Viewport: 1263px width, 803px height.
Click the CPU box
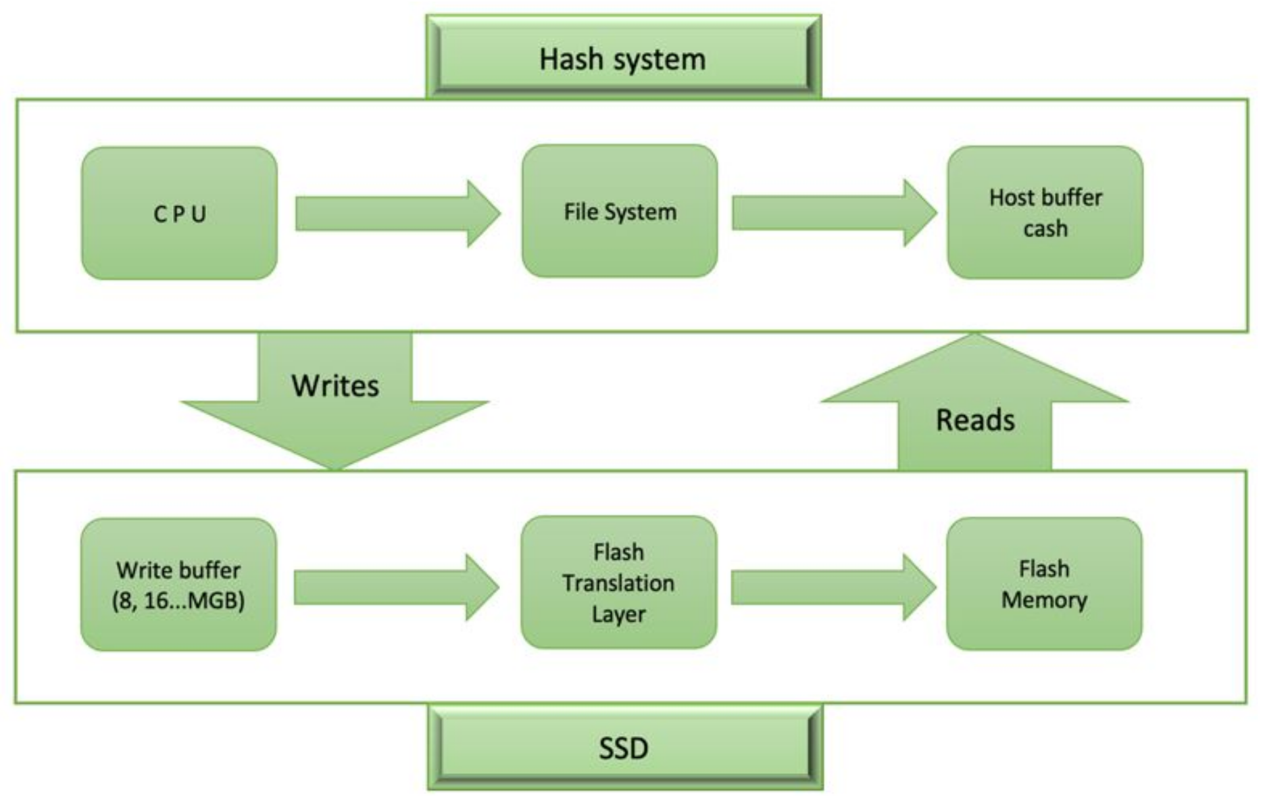click(179, 214)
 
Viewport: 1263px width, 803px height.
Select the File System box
click(620, 212)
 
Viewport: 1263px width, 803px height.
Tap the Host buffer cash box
click(1045, 212)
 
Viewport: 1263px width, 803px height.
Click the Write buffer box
click(178, 584)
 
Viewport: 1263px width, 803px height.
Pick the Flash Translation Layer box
click(618, 583)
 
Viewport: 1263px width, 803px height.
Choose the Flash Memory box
click(1044, 583)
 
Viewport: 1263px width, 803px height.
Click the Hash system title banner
click(623, 59)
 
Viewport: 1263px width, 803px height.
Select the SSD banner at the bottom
click(624, 748)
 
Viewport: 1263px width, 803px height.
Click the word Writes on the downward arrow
click(335, 386)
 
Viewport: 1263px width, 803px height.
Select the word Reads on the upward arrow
click(975, 420)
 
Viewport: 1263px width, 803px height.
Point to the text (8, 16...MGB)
click(178, 600)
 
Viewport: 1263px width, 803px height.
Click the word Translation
click(618, 583)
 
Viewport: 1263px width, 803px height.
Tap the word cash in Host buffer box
click(1045, 229)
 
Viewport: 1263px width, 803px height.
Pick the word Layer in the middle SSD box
click(618, 614)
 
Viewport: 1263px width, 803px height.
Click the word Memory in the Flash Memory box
click(1044, 600)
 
